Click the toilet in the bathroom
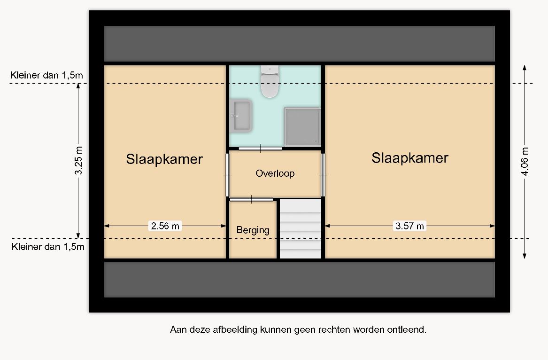pos(270,81)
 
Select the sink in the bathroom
pos(241,116)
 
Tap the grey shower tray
pos(302,126)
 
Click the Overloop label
pos(275,173)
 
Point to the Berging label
pos(253,230)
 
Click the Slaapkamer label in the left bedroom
pos(164,159)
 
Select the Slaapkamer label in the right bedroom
pos(409,158)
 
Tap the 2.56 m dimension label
pos(165,226)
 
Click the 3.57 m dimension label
pos(409,226)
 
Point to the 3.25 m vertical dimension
pos(78,161)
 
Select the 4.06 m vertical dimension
pos(524,161)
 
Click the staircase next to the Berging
pos(301,229)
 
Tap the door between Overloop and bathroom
pos(260,149)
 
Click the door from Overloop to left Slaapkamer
pos(228,174)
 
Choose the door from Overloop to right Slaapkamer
pos(323,174)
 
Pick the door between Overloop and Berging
pos(251,199)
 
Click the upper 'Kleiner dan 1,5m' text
pos(46,75)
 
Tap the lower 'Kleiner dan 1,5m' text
pos(48,247)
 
